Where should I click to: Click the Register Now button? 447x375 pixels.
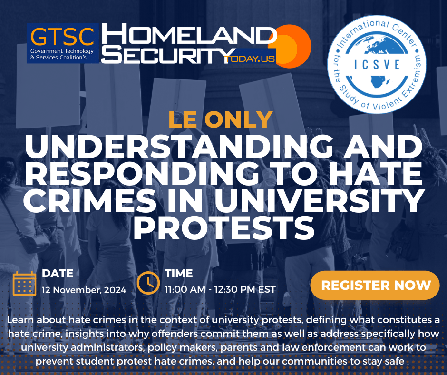(x=375, y=285)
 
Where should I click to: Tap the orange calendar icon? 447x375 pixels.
(x=25, y=283)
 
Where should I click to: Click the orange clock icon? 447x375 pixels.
(x=148, y=283)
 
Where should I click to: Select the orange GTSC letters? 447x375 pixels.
(x=62, y=37)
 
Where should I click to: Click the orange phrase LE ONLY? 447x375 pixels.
(x=221, y=119)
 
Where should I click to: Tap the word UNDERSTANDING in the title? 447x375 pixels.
(x=179, y=147)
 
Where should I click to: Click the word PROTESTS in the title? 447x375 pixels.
(x=224, y=227)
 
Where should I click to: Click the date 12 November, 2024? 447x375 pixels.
(x=84, y=290)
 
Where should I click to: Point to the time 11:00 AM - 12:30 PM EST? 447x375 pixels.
(x=220, y=289)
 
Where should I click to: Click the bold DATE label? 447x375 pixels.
(x=58, y=273)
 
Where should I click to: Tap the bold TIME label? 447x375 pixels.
(x=179, y=273)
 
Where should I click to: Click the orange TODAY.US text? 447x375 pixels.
(x=250, y=59)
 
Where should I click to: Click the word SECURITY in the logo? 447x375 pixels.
(x=168, y=55)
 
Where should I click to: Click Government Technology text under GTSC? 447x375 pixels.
(x=62, y=51)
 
